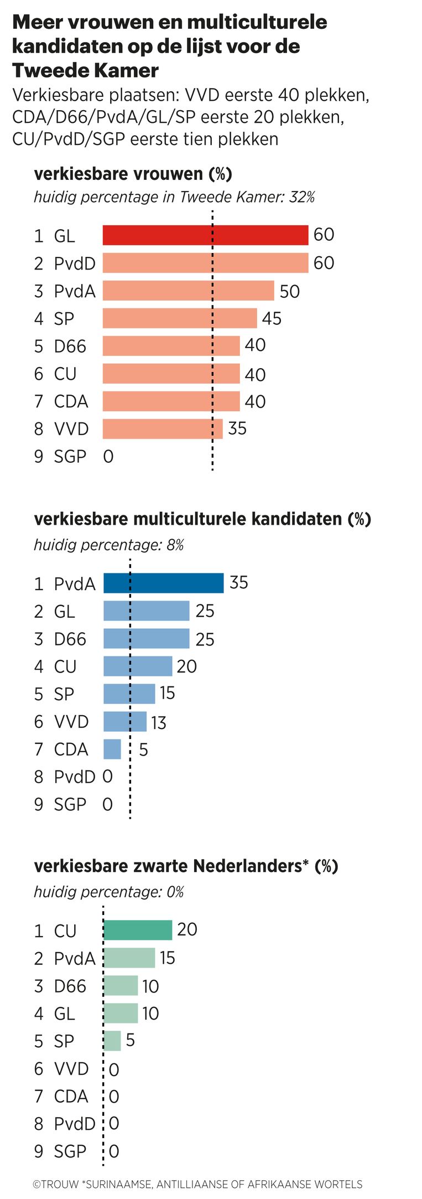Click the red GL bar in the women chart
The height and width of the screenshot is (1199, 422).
coord(205,235)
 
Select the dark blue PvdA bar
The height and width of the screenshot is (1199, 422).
coord(164,583)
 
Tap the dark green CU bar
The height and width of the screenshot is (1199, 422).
coord(138,930)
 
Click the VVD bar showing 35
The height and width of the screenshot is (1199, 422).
coord(163,429)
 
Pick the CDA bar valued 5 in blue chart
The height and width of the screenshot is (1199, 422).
coord(112,749)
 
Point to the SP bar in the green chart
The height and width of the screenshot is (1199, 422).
coord(112,1041)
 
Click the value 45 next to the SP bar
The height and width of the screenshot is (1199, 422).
coord(272,318)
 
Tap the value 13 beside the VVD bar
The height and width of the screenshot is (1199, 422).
coord(159,722)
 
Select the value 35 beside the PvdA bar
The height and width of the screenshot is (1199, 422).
coord(238,582)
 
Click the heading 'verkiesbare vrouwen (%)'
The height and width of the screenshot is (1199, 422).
coord(133,174)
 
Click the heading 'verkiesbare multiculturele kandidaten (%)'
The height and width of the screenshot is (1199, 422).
coord(202,519)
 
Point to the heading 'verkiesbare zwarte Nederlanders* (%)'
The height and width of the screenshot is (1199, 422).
coord(186,866)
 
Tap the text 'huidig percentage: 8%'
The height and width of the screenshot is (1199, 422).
coord(109,545)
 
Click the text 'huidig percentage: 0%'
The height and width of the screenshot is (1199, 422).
coord(109,892)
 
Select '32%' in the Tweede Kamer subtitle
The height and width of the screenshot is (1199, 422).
coord(302,197)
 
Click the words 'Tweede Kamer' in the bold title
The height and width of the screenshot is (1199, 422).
coord(85,70)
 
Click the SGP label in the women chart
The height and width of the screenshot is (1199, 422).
coord(70,457)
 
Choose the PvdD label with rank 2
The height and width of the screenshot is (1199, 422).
coord(74,263)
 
